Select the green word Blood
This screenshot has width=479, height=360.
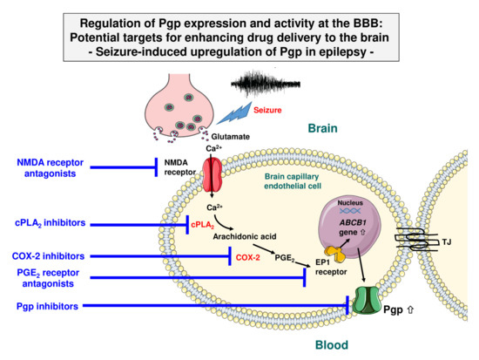click(x=326, y=346)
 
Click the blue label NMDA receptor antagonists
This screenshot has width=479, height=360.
click(x=57, y=166)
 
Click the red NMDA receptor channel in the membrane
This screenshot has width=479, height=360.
click(x=213, y=173)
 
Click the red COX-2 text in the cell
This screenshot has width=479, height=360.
click(x=249, y=256)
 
